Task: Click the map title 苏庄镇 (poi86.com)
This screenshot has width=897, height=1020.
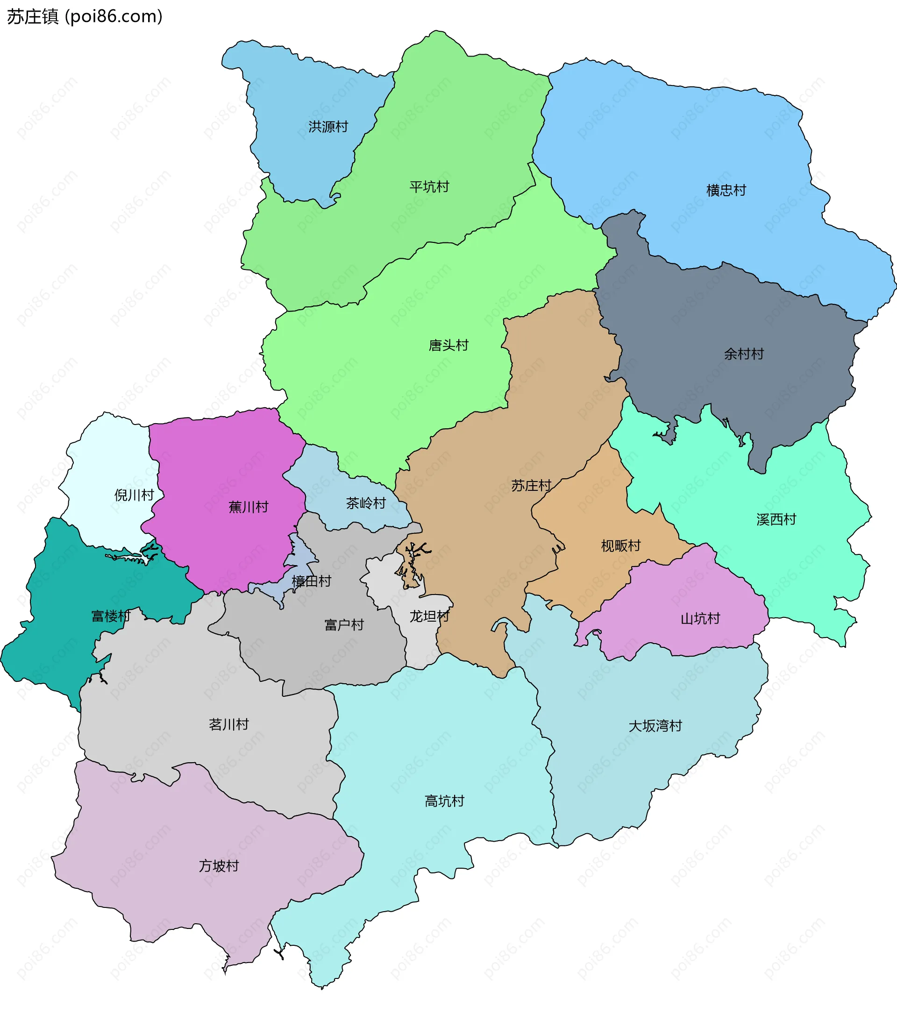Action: (x=85, y=17)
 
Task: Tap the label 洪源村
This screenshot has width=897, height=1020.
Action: (x=328, y=127)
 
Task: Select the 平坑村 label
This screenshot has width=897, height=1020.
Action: (x=429, y=187)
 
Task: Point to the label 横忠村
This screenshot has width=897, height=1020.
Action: (x=726, y=190)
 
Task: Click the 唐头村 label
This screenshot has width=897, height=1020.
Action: (x=448, y=345)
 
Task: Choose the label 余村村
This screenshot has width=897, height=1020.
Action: (x=744, y=354)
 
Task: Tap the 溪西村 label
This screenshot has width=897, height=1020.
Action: (x=776, y=519)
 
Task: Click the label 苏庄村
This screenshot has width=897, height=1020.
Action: (x=531, y=485)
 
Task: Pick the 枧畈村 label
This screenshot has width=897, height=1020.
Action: (x=620, y=545)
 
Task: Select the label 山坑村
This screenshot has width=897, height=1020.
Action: (x=700, y=619)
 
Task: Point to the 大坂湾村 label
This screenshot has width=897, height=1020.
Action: (x=655, y=726)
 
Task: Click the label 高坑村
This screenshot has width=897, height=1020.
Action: (x=444, y=801)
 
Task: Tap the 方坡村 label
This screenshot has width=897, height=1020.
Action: (x=219, y=865)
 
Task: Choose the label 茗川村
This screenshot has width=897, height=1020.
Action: (x=228, y=724)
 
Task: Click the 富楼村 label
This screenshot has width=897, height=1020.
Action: (x=111, y=616)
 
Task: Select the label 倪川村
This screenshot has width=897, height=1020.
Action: (x=134, y=495)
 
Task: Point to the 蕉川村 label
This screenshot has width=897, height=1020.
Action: (x=249, y=507)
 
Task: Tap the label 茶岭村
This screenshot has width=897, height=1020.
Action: (x=366, y=503)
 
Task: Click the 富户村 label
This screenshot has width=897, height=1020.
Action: (x=344, y=625)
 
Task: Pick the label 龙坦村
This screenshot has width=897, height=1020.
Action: (x=429, y=616)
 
